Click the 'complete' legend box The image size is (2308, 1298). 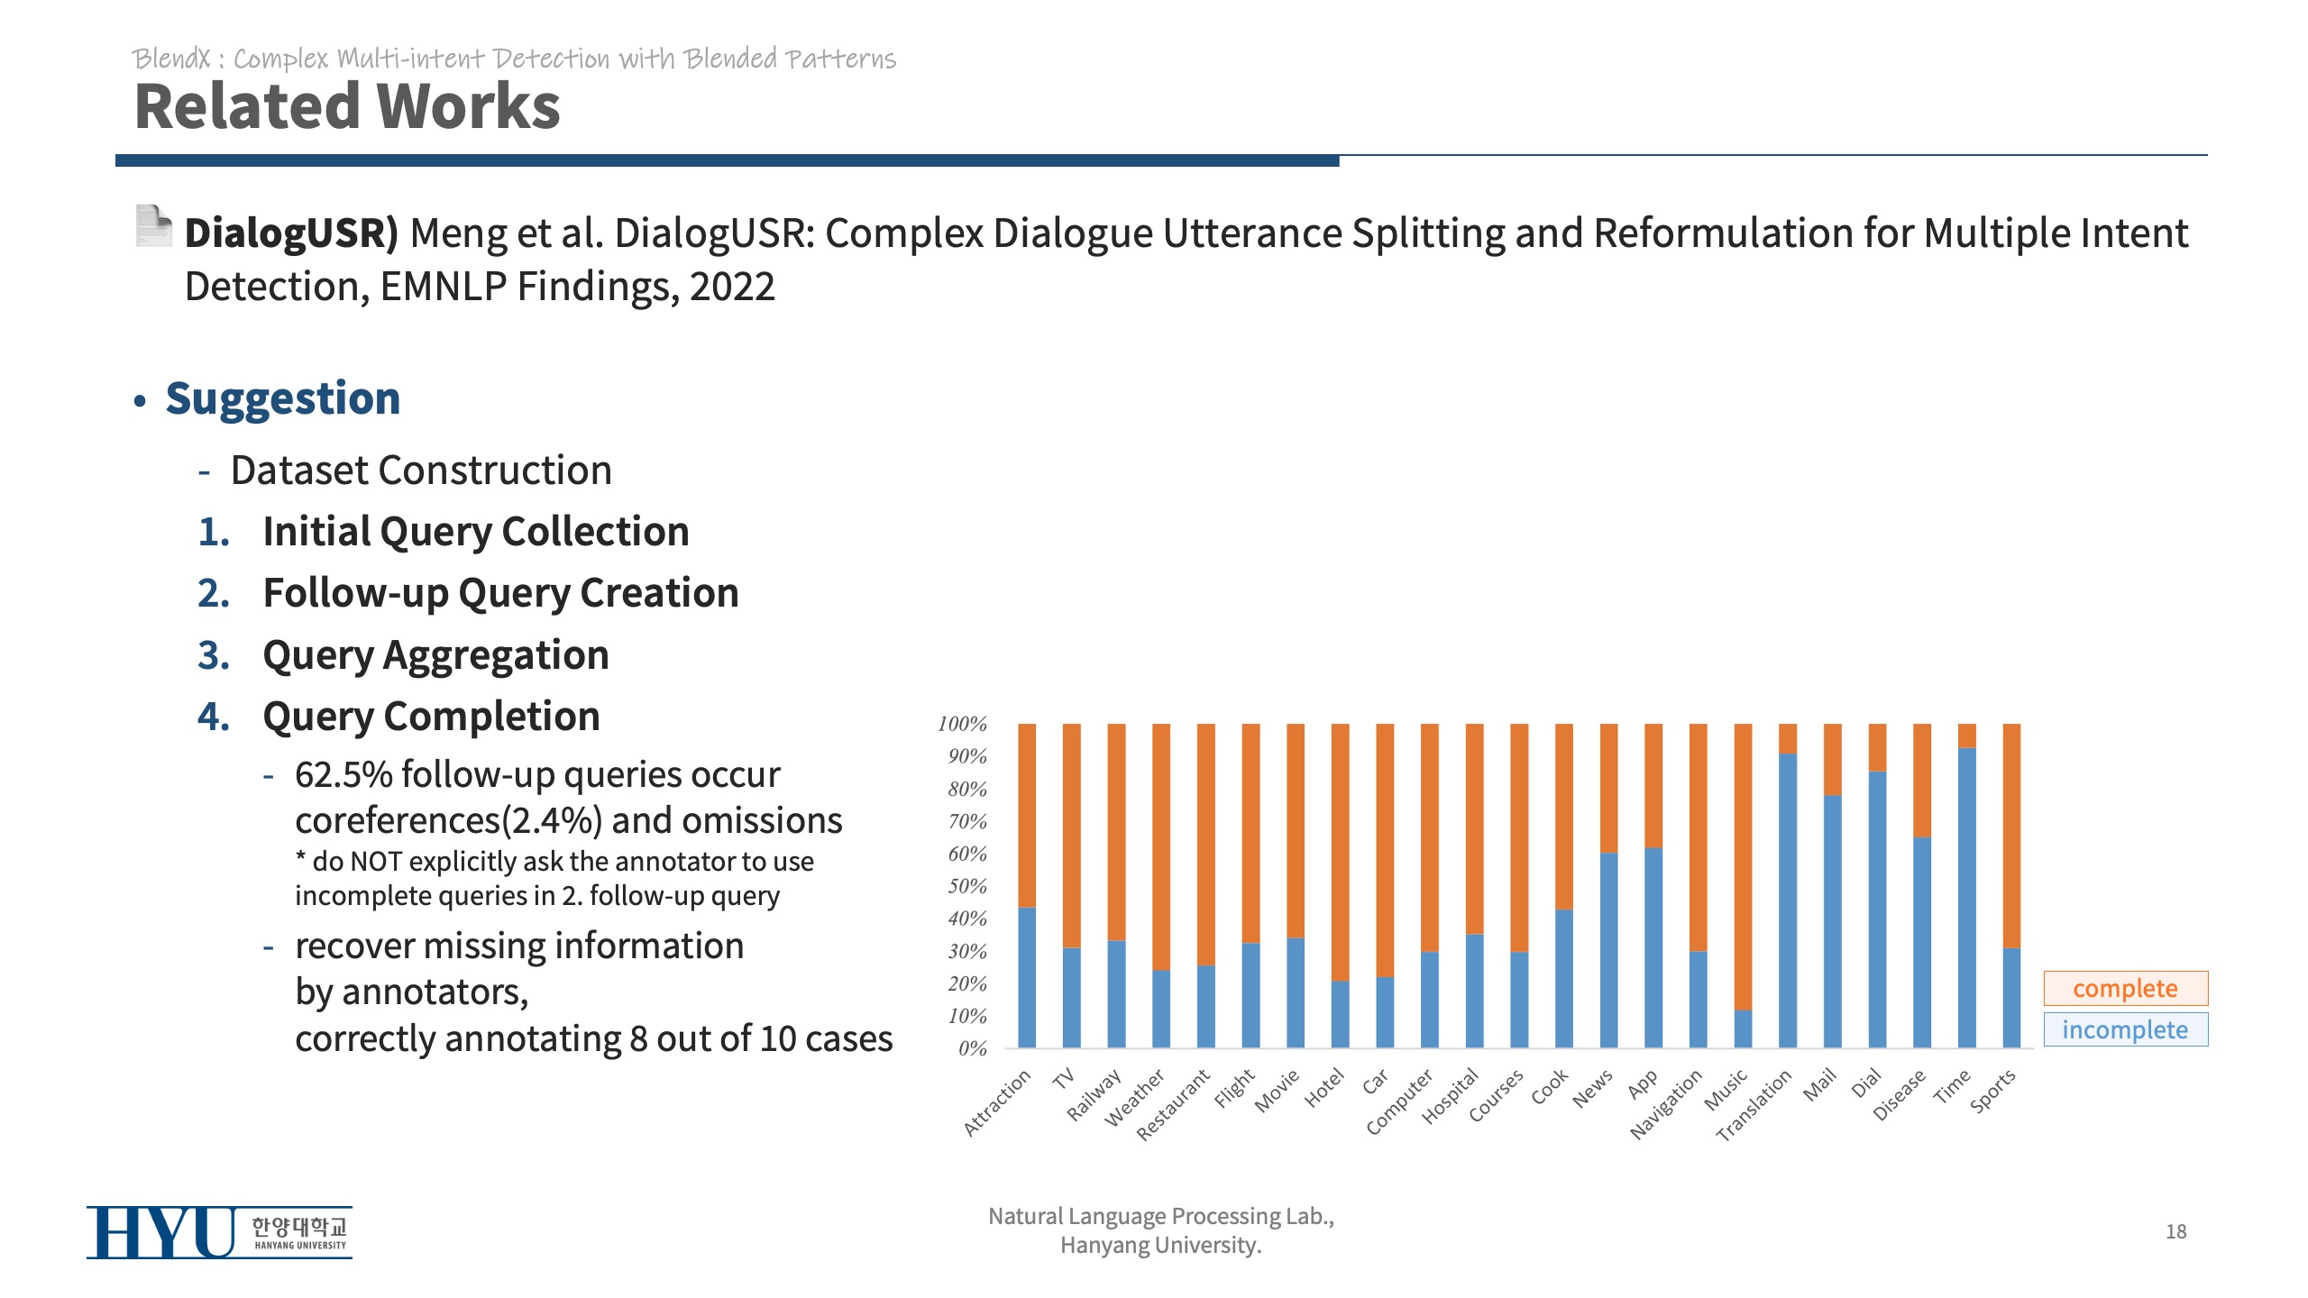(2125, 988)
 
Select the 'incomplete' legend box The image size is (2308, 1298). (2125, 1029)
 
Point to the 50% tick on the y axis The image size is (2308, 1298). (966, 886)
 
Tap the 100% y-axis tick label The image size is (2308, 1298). (962, 724)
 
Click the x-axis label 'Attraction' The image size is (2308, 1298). (997, 1102)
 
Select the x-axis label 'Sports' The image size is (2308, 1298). (1992, 1092)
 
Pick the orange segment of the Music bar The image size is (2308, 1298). (1743, 865)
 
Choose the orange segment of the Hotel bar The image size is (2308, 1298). (1340, 852)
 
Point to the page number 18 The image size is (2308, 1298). (2175, 1231)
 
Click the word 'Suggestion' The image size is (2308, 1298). (283, 398)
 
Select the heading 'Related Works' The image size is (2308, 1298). (347, 106)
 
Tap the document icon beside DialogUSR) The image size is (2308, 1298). (153, 225)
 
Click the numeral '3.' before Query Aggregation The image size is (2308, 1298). (214, 655)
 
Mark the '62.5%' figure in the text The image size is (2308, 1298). (343, 774)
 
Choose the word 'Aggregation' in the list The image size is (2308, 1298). (496, 655)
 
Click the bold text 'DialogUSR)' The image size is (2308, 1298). (291, 233)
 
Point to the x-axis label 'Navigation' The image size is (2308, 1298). (1666, 1104)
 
